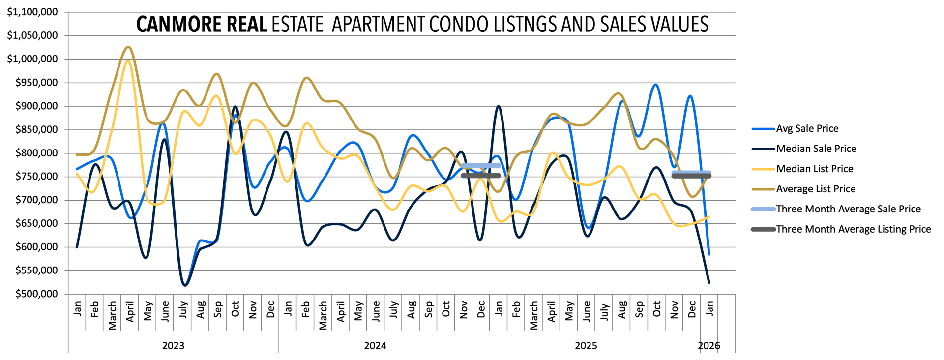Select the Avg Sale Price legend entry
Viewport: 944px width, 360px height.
pyautogui.click(x=807, y=128)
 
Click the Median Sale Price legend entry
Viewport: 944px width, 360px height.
pyautogui.click(x=816, y=149)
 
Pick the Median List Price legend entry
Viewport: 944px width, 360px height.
pyautogui.click(x=814, y=169)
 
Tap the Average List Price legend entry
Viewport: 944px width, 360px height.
pyautogui.click(x=816, y=189)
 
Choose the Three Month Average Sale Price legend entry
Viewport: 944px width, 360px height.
pyautogui.click(x=848, y=209)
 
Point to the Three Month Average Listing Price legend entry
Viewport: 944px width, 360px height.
pyautogui.click(x=853, y=229)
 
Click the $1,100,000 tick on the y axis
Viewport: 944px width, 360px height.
pyautogui.click(x=32, y=12)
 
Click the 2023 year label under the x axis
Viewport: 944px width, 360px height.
pyautogui.click(x=173, y=346)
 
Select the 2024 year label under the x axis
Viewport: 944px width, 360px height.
pyautogui.click(x=375, y=346)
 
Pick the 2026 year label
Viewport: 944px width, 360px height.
pyautogui.click(x=709, y=346)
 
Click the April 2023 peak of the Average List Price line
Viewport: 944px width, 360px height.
pyautogui.click(x=128, y=47)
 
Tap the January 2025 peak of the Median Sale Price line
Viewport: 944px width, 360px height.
pyautogui.click(x=499, y=106)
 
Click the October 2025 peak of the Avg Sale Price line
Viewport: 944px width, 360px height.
pyautogui.click(x=656, y=85)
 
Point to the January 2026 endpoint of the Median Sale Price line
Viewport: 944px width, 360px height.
pyautogui.click(x=709, y=282)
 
